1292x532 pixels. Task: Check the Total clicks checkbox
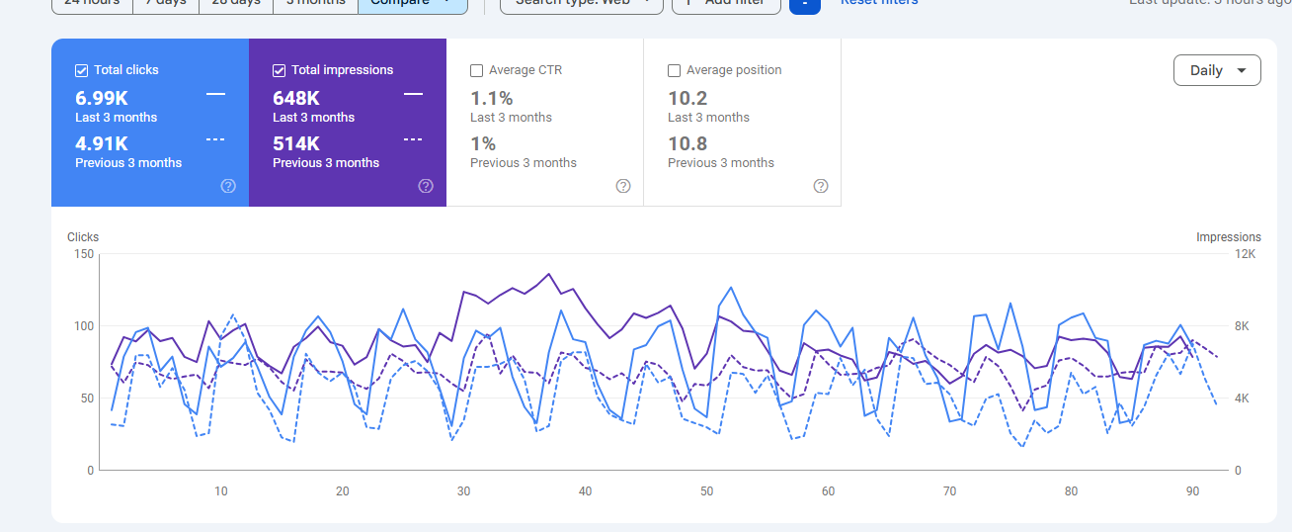pyautogui.click(x=82, y=70)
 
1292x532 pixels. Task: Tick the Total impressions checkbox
pyautogui.click(x=280, y=70)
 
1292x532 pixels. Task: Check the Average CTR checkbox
pyautogui.click(x=477, y=70)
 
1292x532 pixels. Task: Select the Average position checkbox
pyautogui.click(x=675, y=70)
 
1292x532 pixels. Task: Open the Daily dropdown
pyautogui.click(x=1217, y=70)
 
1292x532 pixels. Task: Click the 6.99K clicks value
pyautogui.click(x=102, y=98)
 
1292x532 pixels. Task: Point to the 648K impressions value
pyautogui.click(x=296, y=98)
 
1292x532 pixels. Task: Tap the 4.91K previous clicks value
pyautogui.click(x=102, y=143)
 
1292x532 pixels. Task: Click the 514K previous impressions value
pyautogui.click(x=296, y=143)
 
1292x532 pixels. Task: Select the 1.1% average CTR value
pyautogui.click(x=491, y=98)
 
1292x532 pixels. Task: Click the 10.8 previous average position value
pyautogui.click(x=687, y=143)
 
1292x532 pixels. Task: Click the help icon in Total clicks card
pyautogui.click(x=228, y=186)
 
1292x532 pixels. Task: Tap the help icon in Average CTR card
pyautogui.click(x=623, y=186)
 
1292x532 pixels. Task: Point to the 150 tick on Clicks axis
pyautogui.click(x=84, y=254)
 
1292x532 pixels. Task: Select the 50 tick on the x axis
pyautogui.click(x=706, y=491)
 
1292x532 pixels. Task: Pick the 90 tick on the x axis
pyautogui.click(x=1192, y=491)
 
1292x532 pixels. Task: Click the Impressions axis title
pyautogui.click(x=1228, y=237)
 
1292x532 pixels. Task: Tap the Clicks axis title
pyautogui.click(x=83, y=237)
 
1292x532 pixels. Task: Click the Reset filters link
pyautogui.click(x=879, y=3)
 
